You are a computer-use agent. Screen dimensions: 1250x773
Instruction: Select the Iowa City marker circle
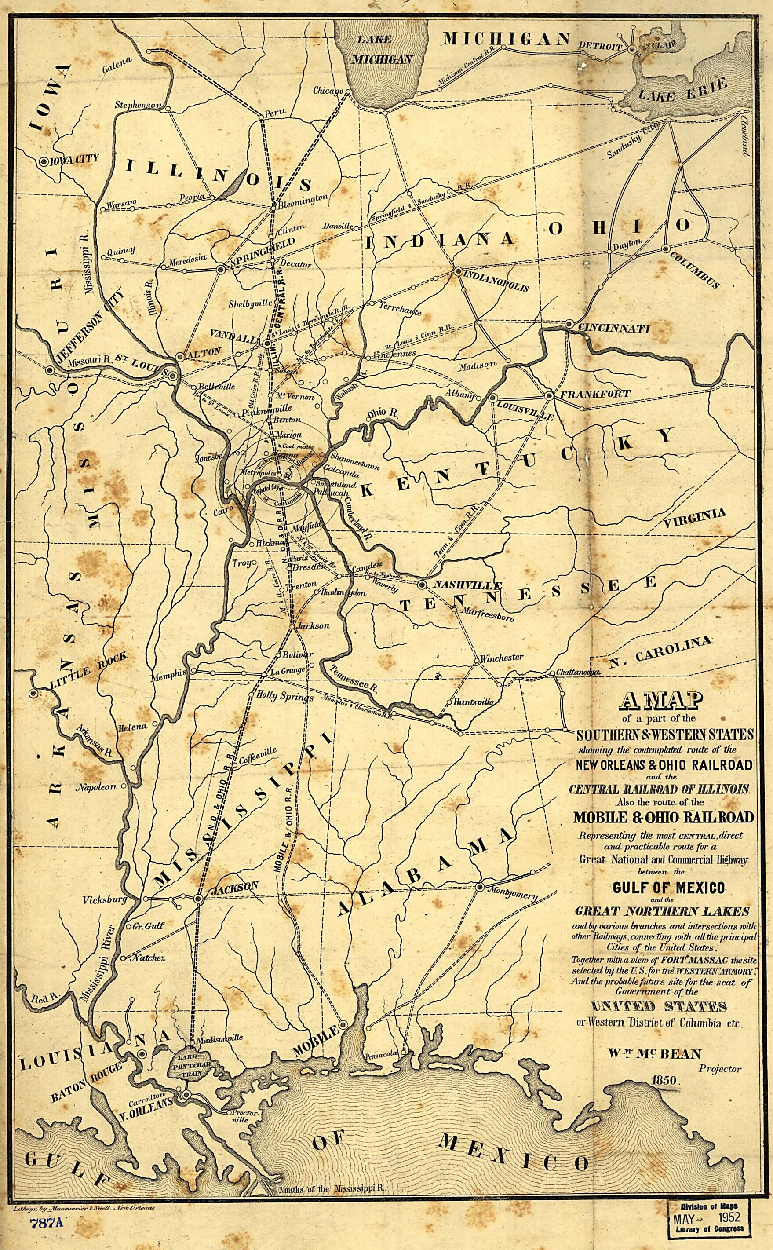(44, 161)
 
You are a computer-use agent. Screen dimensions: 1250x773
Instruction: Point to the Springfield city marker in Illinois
(221, 268)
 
